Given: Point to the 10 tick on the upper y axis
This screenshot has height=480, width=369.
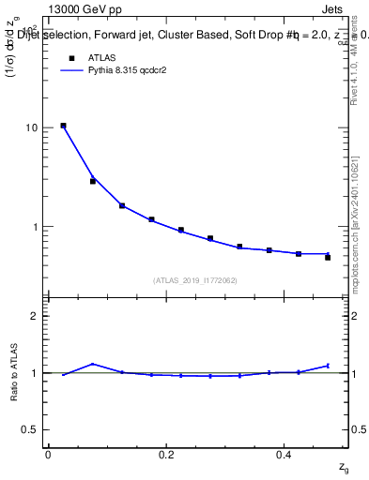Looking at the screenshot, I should click(32, 127).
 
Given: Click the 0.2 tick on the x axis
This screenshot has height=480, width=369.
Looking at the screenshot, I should click(166, 455).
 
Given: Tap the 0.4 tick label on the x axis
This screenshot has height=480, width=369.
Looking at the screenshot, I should click(284, 455).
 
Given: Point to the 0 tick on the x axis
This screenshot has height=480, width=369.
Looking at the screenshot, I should click(48, 455).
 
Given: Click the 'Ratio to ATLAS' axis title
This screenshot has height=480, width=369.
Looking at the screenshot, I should click(14, 373).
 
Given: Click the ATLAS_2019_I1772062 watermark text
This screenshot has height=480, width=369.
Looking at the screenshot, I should click(195, 279).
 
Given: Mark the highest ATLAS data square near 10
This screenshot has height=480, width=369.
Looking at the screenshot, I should click(63, 126).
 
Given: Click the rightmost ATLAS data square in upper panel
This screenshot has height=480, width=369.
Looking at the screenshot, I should click(328, 257).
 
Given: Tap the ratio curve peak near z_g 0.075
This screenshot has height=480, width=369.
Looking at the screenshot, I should click(92, 364).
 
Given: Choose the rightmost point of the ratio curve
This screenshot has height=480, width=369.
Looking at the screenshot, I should click(328, 366).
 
